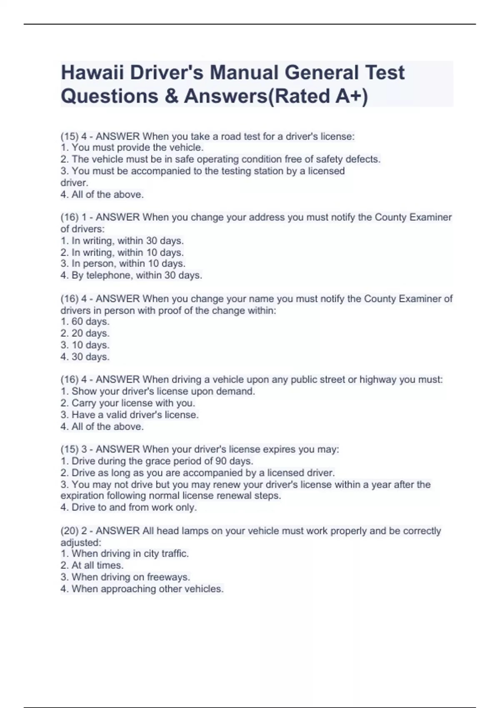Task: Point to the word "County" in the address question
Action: [390, 217]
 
